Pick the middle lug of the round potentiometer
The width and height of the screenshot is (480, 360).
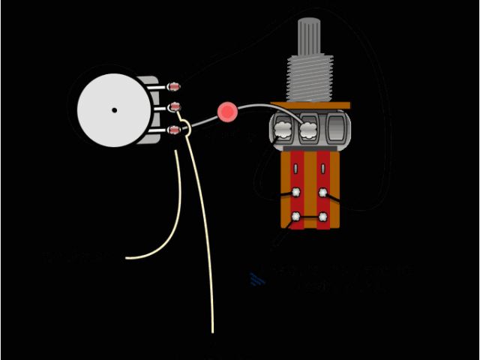pyautogui.click(x=175, y=106)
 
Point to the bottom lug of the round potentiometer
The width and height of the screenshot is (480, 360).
pyautogui.click(x=175, y=131)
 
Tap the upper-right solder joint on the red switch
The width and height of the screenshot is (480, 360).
pyautogui.click(x=323, y=192)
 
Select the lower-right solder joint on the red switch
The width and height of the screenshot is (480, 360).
pyautogui.click(x=323, y=217)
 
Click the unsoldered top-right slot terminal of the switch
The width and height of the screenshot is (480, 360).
pyautogui.click(x=323, y=168)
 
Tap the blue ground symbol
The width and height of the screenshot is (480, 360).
pyautogui.click(x=257, y=280)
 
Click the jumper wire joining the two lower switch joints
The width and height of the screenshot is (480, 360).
pyautogui.click(x=310, y=217)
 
